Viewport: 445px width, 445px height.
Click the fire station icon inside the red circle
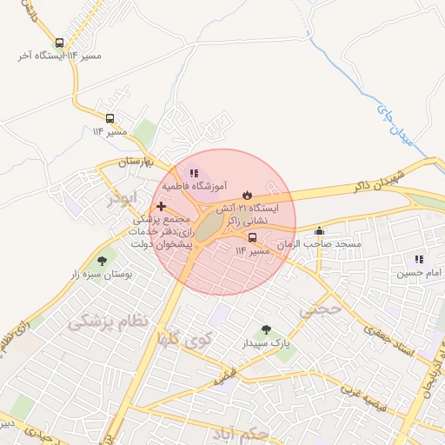click(x=246, y=194)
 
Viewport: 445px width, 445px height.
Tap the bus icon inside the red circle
click(x=252, y=237)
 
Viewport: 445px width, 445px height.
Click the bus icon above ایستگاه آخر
click(x=59, y=43)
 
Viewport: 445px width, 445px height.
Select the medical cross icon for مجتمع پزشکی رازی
click(x=161, y=206)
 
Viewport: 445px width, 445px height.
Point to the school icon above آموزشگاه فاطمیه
click(x=195, y=173)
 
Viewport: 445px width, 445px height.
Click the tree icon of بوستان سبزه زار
click(x=103, y=260)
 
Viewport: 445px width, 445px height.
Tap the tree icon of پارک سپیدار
click(x=266, y=330)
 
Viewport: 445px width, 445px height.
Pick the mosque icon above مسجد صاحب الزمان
click(x=320, y=231)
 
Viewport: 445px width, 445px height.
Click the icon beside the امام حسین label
click(x=420, y=259)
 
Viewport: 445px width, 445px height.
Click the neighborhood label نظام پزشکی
click(x=108, y=322)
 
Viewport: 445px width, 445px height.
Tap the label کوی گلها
click(x=182, y=338)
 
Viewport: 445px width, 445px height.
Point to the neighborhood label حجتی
click(x=316, y=309)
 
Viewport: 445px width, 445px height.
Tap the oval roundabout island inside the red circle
click(x=209, y=229)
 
